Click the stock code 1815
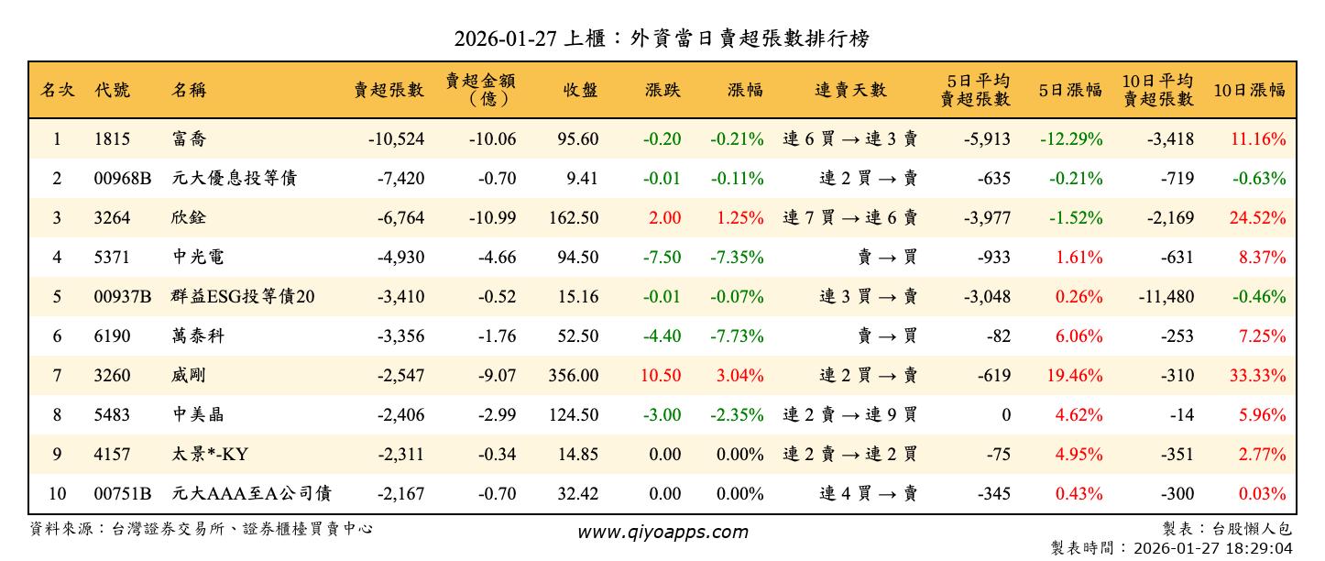(112, 139)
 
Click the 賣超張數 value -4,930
(396, 258)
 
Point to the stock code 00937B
(123, 297)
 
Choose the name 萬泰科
(198, 336)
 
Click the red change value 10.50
(661, 376)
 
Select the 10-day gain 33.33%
(1262, 376)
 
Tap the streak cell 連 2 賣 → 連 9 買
(849, 415)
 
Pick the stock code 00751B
(123, 494)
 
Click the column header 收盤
(580, 90)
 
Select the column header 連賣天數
(850, 90)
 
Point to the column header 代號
(112, 90)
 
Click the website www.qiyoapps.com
(662, 532)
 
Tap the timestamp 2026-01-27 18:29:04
(1212, 548)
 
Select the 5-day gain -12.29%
(1071, 139)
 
